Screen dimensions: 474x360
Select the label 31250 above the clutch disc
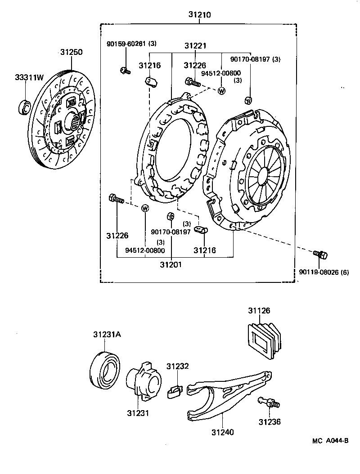71,52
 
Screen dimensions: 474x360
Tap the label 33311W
28,78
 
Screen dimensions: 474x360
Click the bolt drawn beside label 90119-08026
320,255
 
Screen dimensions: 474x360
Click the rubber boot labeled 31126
264,340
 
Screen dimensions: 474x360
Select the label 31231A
106,335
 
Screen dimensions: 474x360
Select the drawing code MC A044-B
331,441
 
